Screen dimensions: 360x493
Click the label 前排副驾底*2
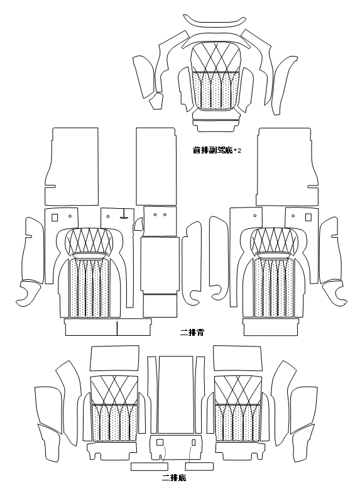[217, 151]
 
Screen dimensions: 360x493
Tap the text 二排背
[192, 332]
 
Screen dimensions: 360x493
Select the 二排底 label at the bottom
[174, 478]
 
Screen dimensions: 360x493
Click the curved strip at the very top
[215, 21]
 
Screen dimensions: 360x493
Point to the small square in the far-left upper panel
[55, 218]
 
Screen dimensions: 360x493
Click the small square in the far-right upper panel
[308, 217]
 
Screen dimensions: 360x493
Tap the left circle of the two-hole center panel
[155, 215]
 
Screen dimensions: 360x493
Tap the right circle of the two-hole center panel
[165, 215]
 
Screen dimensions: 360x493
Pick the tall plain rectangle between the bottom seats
[175, 395]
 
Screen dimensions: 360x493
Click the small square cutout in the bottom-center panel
[160, 443]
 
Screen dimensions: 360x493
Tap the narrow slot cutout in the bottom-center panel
[194, 443]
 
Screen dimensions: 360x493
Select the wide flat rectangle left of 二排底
[150, 467]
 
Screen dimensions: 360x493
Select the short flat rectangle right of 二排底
[200, 467]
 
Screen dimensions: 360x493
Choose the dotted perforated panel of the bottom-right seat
[237, 423]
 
